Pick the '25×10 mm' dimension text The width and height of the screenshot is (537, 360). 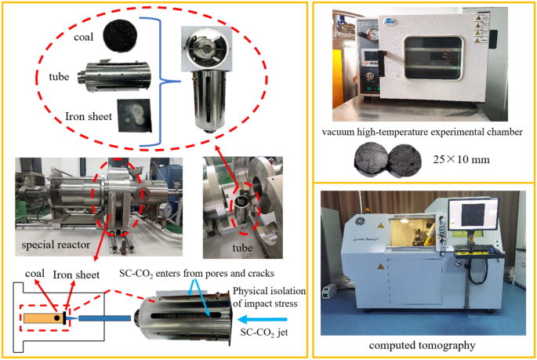point(463,159)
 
